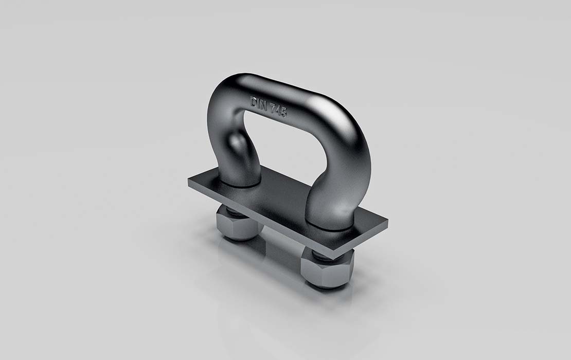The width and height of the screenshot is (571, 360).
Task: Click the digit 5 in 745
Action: click(283, 113)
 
